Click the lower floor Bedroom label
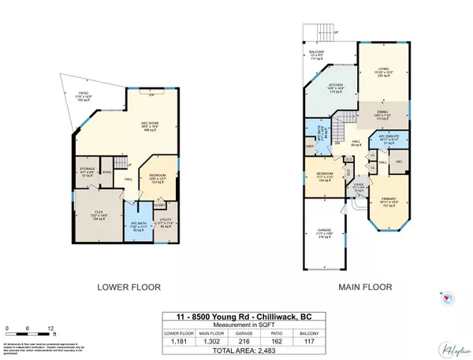[159, 180]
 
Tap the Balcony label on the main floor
[318, 55]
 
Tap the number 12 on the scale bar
[50, 327]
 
